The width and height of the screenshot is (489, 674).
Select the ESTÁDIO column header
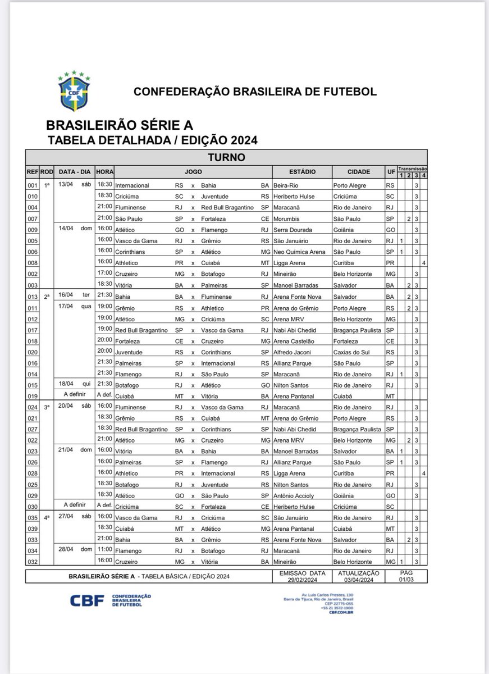(302, 172)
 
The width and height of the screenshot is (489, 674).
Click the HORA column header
(104, 172)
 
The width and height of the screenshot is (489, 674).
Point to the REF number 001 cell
(32, 185)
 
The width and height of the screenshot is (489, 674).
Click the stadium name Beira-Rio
(286, 185)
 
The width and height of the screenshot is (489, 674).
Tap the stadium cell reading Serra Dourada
(292, 230)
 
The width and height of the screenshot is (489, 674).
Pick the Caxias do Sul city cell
(350, 352)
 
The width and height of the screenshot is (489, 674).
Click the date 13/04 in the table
(67, 185)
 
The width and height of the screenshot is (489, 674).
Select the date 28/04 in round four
(67, 551)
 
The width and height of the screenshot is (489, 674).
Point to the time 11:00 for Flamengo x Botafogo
(104, 551)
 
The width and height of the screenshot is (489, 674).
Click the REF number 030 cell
(32, 507)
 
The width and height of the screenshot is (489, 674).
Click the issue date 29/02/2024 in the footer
(303, 579)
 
